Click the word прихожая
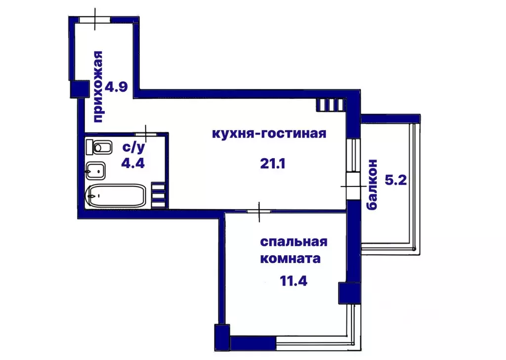pos(98,87)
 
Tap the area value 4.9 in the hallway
pos(118,87)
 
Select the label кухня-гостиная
pos(269,134)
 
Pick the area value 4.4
pos(133,163)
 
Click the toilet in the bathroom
pos(99,147)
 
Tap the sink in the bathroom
pos(97,172)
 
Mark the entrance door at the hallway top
pos(95,19)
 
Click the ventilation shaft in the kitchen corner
pos(330,104)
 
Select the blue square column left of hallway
pos(78,89)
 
